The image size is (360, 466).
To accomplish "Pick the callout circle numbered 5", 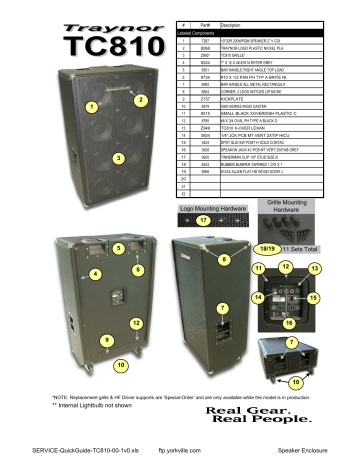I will (119, 247).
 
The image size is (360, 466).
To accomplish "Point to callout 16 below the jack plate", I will (288, 324).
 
